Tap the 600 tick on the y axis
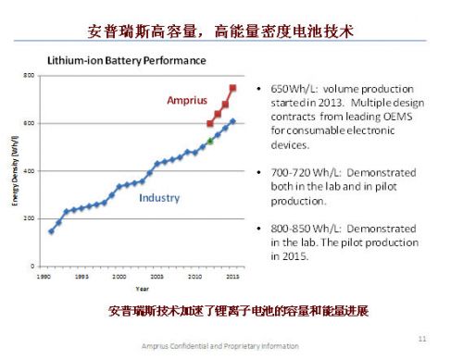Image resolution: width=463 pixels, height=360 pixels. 28,123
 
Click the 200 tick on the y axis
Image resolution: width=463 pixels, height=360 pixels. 28,218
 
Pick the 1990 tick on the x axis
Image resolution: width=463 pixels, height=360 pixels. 42,275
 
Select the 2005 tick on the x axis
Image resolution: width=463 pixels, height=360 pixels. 157,275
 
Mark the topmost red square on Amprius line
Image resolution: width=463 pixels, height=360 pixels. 232,88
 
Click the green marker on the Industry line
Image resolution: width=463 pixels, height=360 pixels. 210,141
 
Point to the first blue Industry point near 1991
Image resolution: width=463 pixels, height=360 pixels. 50,231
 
